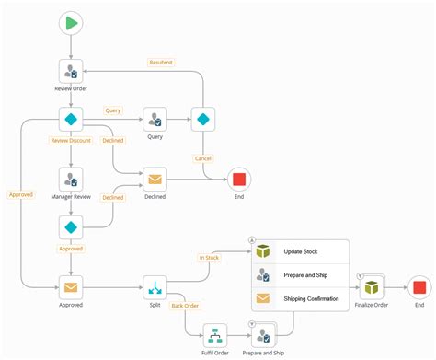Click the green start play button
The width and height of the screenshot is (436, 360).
pyautogui.click(x=71, y=23)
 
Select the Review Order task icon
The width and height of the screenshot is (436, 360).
pyautogui.click(x=71, y=71)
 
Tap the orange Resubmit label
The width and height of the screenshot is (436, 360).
pyautogui.click(x=161, y=63)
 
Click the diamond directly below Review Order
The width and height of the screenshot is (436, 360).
pyautogui.click(x=71, y=120)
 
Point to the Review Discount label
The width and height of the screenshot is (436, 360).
pyautogui.click(x=70, y=141)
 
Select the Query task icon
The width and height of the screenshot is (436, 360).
pyautogui.click(x=155, y=120)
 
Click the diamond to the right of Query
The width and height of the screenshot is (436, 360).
pyautogui.click(x=203, y=120)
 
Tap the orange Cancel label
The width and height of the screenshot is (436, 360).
pyautogui.click(x=202, y=158)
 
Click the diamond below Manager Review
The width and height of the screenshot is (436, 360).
pyautogui.click(x=71, y=226)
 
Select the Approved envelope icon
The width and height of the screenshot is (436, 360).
pyautogui.click(x=71, y=286)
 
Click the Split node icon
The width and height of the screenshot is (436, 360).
pyautogui.click(x=155, y=286)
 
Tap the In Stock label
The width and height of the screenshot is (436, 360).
pyautogui.click(x=210, y=258)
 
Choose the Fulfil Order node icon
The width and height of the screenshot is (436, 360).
pyautogui.click(x=215, y=333)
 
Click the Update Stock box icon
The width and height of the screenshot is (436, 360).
pyautogui.click(x=263, y=252)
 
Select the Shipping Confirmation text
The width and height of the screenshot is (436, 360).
pyautogui.click(x=311, y=298)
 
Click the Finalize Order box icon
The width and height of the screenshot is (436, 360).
pyautogui.click(x=372, y=286)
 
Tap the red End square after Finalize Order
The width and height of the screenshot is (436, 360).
pyautogui.click(x=419, y=286)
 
